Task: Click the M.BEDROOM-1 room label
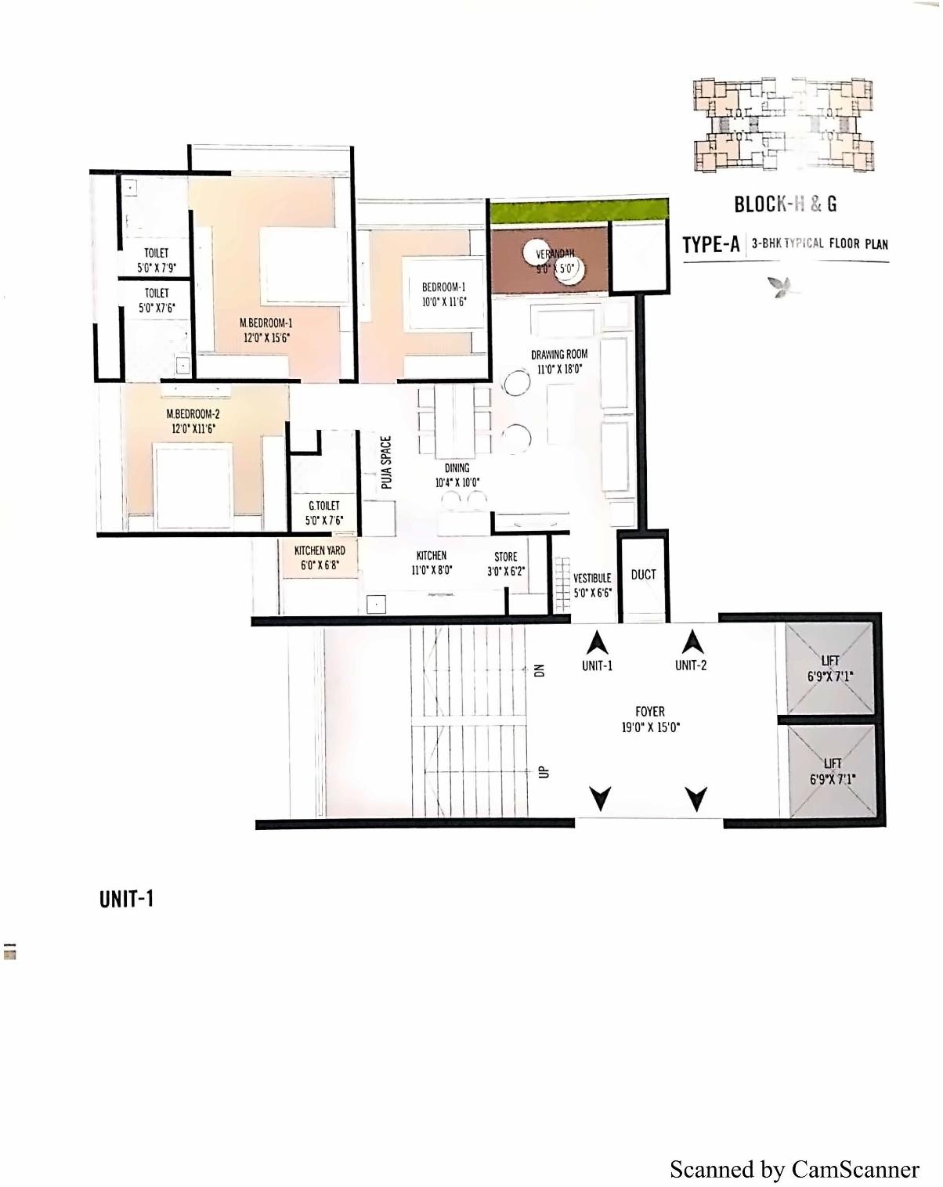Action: click(x=266, y=330)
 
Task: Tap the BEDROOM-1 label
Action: click(x=443, y=294)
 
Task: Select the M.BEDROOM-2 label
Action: click(x=193, y=421)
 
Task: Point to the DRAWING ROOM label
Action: click(x=558, y=362)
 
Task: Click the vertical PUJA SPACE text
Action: click(x=386, y=463)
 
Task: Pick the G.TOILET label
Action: click(x=323, y=513)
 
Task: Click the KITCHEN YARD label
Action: click(x=320, y=557)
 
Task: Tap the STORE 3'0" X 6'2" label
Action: click(x=505, y=564)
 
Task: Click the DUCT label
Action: click(x=643, y=575)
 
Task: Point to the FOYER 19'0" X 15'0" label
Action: click(x=649, y=719)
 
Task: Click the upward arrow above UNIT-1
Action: click(x=598, y=643)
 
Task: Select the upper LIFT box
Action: click(x=829, y=669)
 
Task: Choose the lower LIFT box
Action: click(x=831, y=770)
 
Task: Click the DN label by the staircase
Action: click(x=538, y=670)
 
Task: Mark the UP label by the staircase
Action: click(x=542, y=772)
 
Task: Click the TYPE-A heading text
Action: click(x=710, y=244)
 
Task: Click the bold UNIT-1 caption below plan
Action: click(x=126, y=899)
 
